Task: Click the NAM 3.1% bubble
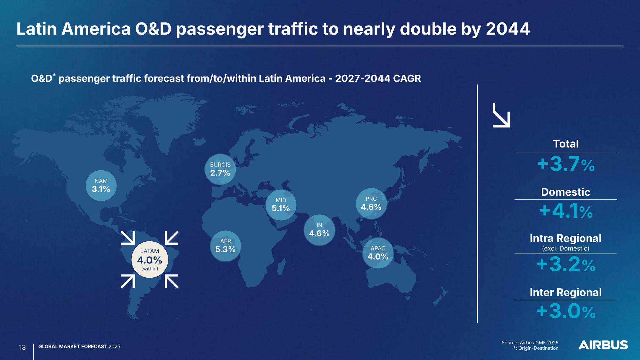tap(101, 185)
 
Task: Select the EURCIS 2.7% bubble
tap(220, 169)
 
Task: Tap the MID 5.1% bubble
tap(281, 205)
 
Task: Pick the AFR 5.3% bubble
tap(225, 246)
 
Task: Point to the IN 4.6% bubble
tap(319, 230)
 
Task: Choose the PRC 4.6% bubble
tap(371, 204)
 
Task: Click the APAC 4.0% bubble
tap(378, 253)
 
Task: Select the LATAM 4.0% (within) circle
tap(150, 260)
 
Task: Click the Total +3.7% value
tap(566, 164)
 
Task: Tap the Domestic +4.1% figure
tap(566, 211)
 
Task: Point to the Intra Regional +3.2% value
tap(566, 264)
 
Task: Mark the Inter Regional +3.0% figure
tap(566, 311)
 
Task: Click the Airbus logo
tap(603, 345)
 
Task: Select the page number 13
tap(22, 347)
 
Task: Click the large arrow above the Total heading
tap(501, 115)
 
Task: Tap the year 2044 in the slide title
tap(508, 29)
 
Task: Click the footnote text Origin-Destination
tap(538, 348)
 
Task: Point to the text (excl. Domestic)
tap(566, 249)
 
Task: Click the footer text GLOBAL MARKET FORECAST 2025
tap(79, 347)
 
